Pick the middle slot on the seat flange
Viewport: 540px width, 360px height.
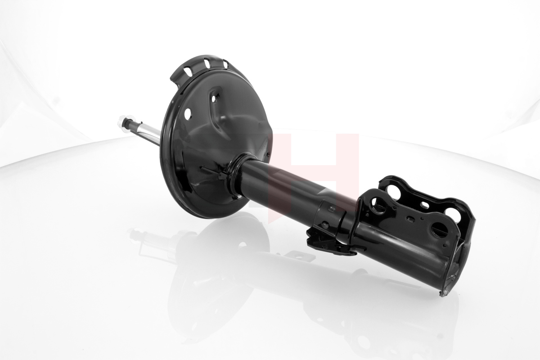click(207, 63)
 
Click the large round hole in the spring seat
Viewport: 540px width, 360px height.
click(188, 113)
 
